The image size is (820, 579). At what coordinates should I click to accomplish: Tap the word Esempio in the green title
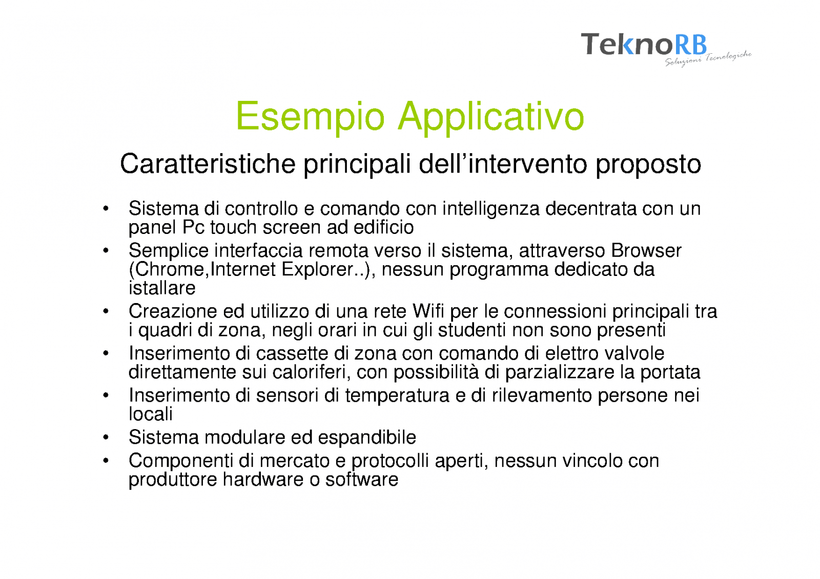tap(311, 117)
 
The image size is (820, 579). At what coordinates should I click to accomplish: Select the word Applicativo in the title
tap(491, 117)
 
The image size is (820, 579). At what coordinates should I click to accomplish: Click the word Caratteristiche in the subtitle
tap(208, 164)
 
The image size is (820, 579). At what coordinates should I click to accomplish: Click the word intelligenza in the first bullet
tap(491, 209)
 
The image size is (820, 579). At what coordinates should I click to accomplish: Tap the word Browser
tap(646, 251)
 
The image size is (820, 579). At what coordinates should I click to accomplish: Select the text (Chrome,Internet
tap(202, 270)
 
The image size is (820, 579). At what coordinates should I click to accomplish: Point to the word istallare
tap(162, 288)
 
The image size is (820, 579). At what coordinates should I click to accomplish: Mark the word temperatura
tap(397, 396)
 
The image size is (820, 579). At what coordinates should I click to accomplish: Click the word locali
tap(151, 414)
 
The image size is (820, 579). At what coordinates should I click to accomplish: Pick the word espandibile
tap(367, 438)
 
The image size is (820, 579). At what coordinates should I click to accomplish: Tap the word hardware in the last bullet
tap(263, 480)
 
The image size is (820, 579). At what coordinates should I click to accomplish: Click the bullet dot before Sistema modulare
tap(106, 438)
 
